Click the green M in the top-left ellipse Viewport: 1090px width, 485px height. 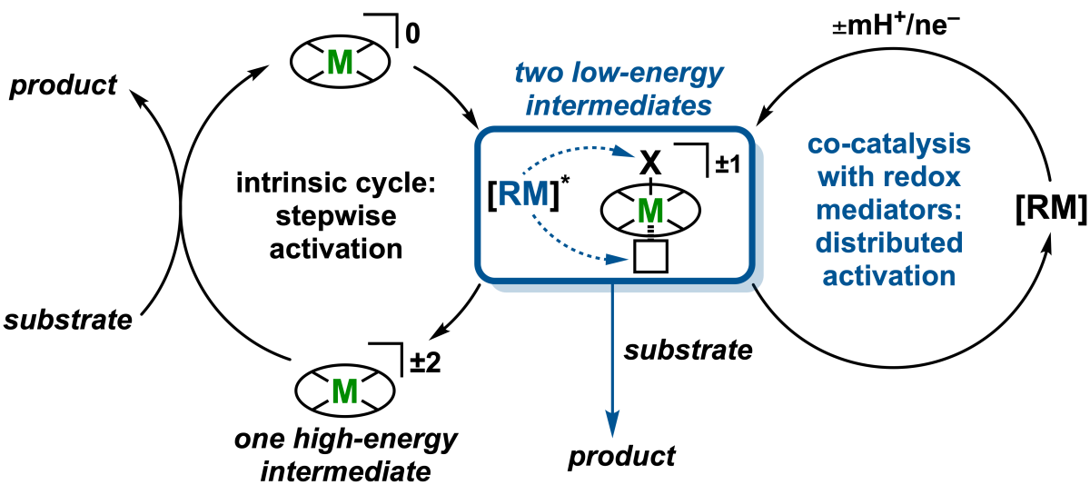click(x=340, y=63)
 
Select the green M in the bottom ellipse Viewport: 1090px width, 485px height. click(x=344, y=391)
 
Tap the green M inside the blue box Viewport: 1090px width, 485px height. click(x=650, y=211)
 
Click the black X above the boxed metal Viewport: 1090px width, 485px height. click(x=650, y=163)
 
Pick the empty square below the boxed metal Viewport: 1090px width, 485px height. click(x=650, y=256)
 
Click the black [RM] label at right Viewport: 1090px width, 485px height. click(x=1051, y=208)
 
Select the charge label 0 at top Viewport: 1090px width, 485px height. click(x=412, y=34)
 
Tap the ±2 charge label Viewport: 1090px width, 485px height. click(x=425, y=361)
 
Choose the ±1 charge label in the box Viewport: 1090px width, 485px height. click(x=728, y=164)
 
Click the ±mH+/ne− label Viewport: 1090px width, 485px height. click(x=896, y=25)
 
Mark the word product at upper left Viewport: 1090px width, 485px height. click(x=64, y=85)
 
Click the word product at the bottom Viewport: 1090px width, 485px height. click(x=622, y=456)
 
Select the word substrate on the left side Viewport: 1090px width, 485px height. click(x=68, y=320)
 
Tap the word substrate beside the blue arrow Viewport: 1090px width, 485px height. click(x=689, y=351)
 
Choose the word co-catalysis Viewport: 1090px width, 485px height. click(x=889, y=144)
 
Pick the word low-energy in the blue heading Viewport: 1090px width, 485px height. click(x=648, y=74)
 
